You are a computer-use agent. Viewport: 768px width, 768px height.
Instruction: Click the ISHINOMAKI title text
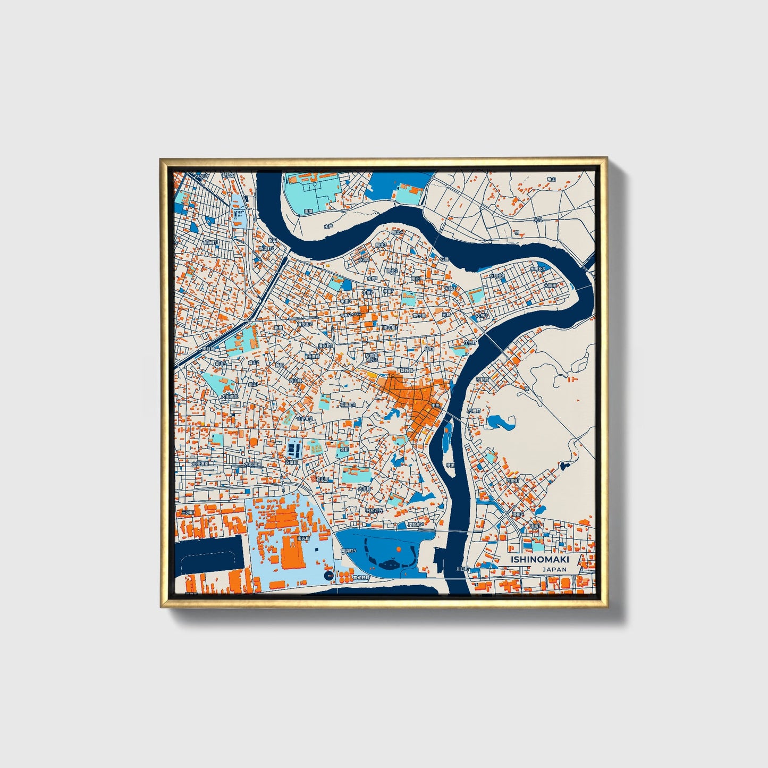pyautogui.click(x=539, y=560)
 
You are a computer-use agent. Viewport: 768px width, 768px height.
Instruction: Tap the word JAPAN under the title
pyautogui.click(x=554, y=569)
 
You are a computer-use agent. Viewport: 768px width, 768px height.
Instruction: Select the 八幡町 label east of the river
pyautogui.click(x=473, y=411)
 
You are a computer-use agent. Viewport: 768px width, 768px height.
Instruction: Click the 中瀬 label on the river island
pyautogui.click(x=450, y=465)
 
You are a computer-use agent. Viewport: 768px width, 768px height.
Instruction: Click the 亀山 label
pyautogui.click(x=551, y=179)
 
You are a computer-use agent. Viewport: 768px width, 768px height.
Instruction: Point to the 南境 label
pyautogui.click(x=308, y=212)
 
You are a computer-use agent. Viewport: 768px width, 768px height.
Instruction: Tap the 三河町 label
pyautogui.click(x=187, y=512)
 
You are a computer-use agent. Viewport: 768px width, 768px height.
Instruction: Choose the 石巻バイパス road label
pyautogui.click(x=351, y=315)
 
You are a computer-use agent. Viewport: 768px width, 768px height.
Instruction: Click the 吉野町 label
pyautogui.click(x=513, y=480)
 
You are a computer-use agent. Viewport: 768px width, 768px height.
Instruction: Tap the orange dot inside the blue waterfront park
pyautogui.click(x=398, y=548)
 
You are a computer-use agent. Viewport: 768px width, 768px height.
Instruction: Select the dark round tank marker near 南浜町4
pyautogui.click(x=328, y=576)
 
